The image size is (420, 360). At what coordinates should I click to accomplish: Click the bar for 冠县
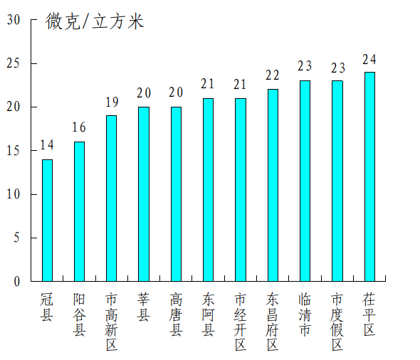coord(47,220)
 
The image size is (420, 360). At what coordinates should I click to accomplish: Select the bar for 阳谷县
coord(79,211)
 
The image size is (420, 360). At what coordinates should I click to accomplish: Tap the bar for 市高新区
coord(111,198)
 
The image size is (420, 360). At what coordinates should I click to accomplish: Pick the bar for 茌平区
coord(369,176)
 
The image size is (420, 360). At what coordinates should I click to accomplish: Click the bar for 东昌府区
coord(273,185)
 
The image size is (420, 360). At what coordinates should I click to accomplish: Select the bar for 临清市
coord(305,181)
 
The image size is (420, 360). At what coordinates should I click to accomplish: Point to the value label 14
coord(47,146)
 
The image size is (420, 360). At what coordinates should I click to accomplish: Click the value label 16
coord(79,128)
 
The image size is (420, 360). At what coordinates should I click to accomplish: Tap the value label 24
coord(369,59)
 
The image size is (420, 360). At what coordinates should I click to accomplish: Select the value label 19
coord(111,102)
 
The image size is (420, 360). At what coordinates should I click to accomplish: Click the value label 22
coord(273,75)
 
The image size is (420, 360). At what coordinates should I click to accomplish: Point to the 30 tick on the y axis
coord(14,20)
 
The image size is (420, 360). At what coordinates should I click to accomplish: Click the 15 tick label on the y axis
coord(14,151)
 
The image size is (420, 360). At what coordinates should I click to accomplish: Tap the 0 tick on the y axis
coord(16,282)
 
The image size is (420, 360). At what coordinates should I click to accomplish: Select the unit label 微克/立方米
coord(95,22)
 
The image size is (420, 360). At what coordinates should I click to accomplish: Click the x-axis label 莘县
coord(144,307)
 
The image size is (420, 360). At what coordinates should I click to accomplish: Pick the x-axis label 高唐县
coord(176,314)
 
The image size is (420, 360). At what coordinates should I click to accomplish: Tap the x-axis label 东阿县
coord(208,314)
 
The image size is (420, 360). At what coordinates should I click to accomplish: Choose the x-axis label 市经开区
coord(241,322)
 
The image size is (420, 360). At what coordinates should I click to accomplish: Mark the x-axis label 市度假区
coord(337,322)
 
